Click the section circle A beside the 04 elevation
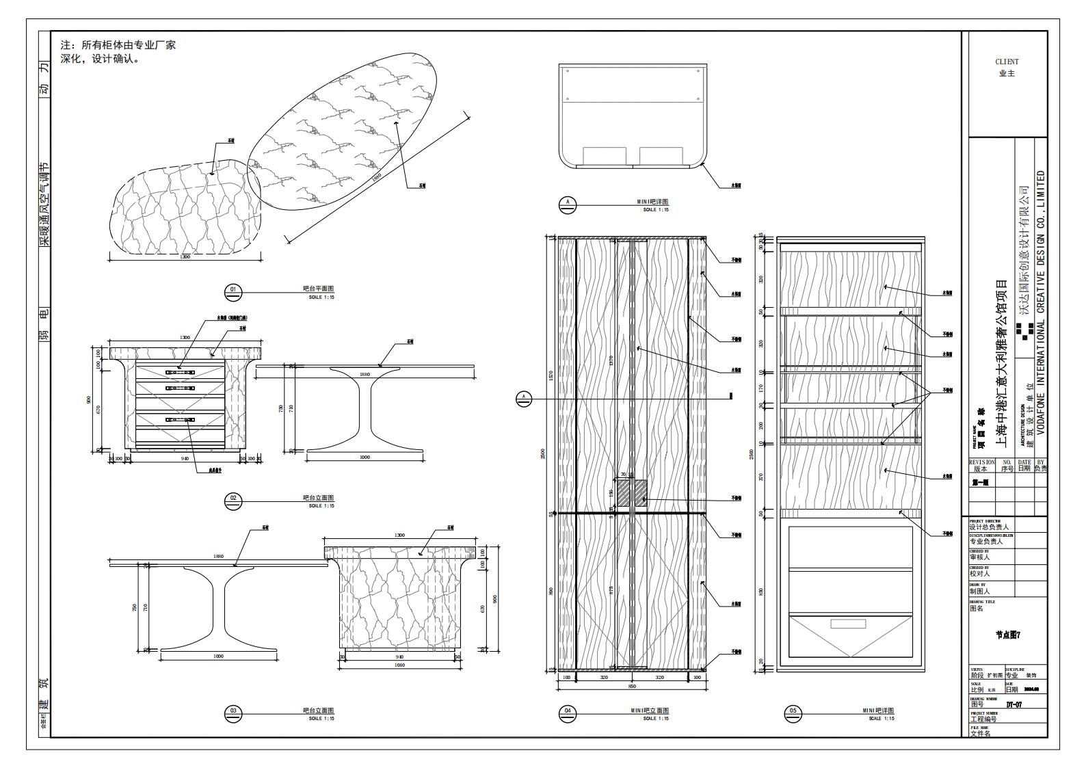[524, 397]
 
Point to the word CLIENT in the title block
[1007, 62]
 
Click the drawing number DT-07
[1014, 704]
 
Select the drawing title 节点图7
[1007, 635]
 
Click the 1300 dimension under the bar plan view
[185, 257]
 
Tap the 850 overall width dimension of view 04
[633, 685]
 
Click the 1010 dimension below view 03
[400, 665]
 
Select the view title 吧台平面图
[318, 289]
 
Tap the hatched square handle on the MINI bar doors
[633, 493]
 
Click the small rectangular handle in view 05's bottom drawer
[848, 624]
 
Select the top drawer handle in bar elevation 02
[180, 371]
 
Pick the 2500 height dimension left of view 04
[544, 453]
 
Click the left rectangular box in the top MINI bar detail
[605, 156]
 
